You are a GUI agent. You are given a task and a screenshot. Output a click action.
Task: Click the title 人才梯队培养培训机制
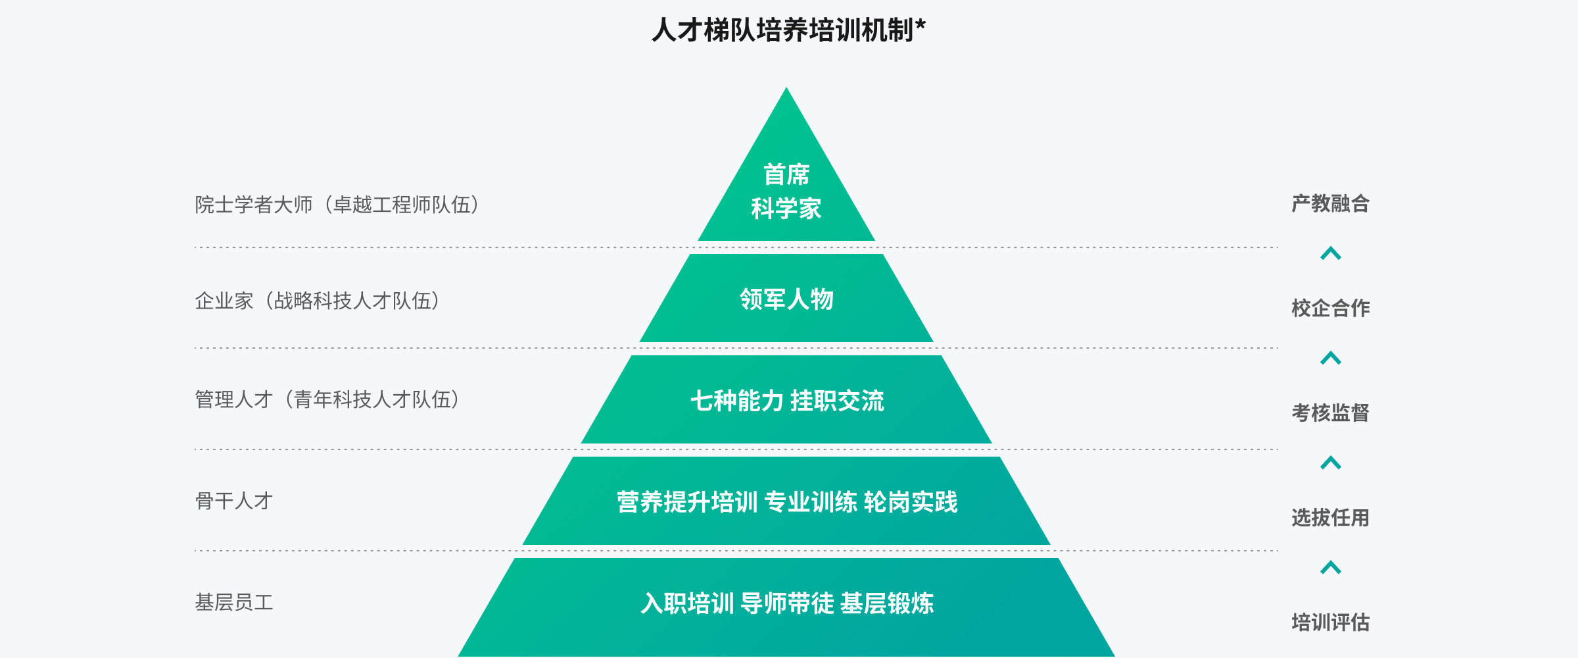coord(782,30)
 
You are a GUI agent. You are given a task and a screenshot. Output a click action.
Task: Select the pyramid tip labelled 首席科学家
coord(786,191)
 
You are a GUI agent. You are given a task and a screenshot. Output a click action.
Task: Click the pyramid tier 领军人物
coord(786,299)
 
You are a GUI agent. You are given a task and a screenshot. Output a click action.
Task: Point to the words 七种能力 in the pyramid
coord(736,401)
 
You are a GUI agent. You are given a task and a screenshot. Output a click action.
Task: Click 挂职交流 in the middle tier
coord(837,401)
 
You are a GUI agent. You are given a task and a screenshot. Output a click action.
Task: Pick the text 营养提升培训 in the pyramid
coord(687,502)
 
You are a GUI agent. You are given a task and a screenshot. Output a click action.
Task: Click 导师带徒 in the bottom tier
coord(787,603)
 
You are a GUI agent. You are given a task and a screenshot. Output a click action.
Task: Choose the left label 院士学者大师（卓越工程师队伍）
coord(337,205)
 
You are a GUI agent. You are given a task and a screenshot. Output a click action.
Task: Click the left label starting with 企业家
coord(317,301)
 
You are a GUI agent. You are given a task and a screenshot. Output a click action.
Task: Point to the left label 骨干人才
coord(233,501)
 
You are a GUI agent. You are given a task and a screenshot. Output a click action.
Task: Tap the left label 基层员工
coord(233,602)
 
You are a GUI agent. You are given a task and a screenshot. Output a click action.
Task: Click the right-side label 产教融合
coord(1330,203)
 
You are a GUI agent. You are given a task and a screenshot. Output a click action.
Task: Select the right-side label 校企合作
coord(1330,308)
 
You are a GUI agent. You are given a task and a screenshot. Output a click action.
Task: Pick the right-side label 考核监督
coord(1330,413)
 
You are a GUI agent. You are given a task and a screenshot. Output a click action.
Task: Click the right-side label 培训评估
coord(1330,622)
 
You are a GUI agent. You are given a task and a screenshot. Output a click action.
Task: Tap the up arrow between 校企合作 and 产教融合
coord(1330,253)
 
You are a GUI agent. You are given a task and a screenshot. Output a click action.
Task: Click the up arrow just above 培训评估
coord(1330,567)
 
